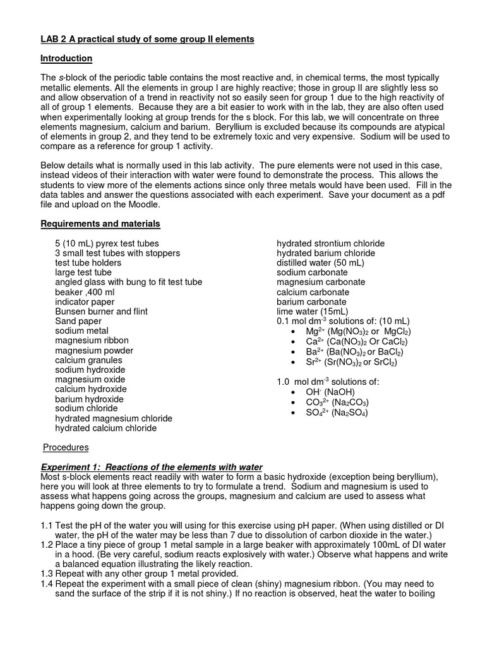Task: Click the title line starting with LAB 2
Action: pos(147,39)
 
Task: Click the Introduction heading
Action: pos(66,59)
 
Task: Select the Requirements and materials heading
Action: pos(100,224)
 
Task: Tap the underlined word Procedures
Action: pos(66,447)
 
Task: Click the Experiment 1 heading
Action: pos(151,467)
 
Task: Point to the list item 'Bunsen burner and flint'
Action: pos(93,311)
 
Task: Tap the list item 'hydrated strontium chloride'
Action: pos(330,243)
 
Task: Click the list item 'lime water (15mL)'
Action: pos(312,311)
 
